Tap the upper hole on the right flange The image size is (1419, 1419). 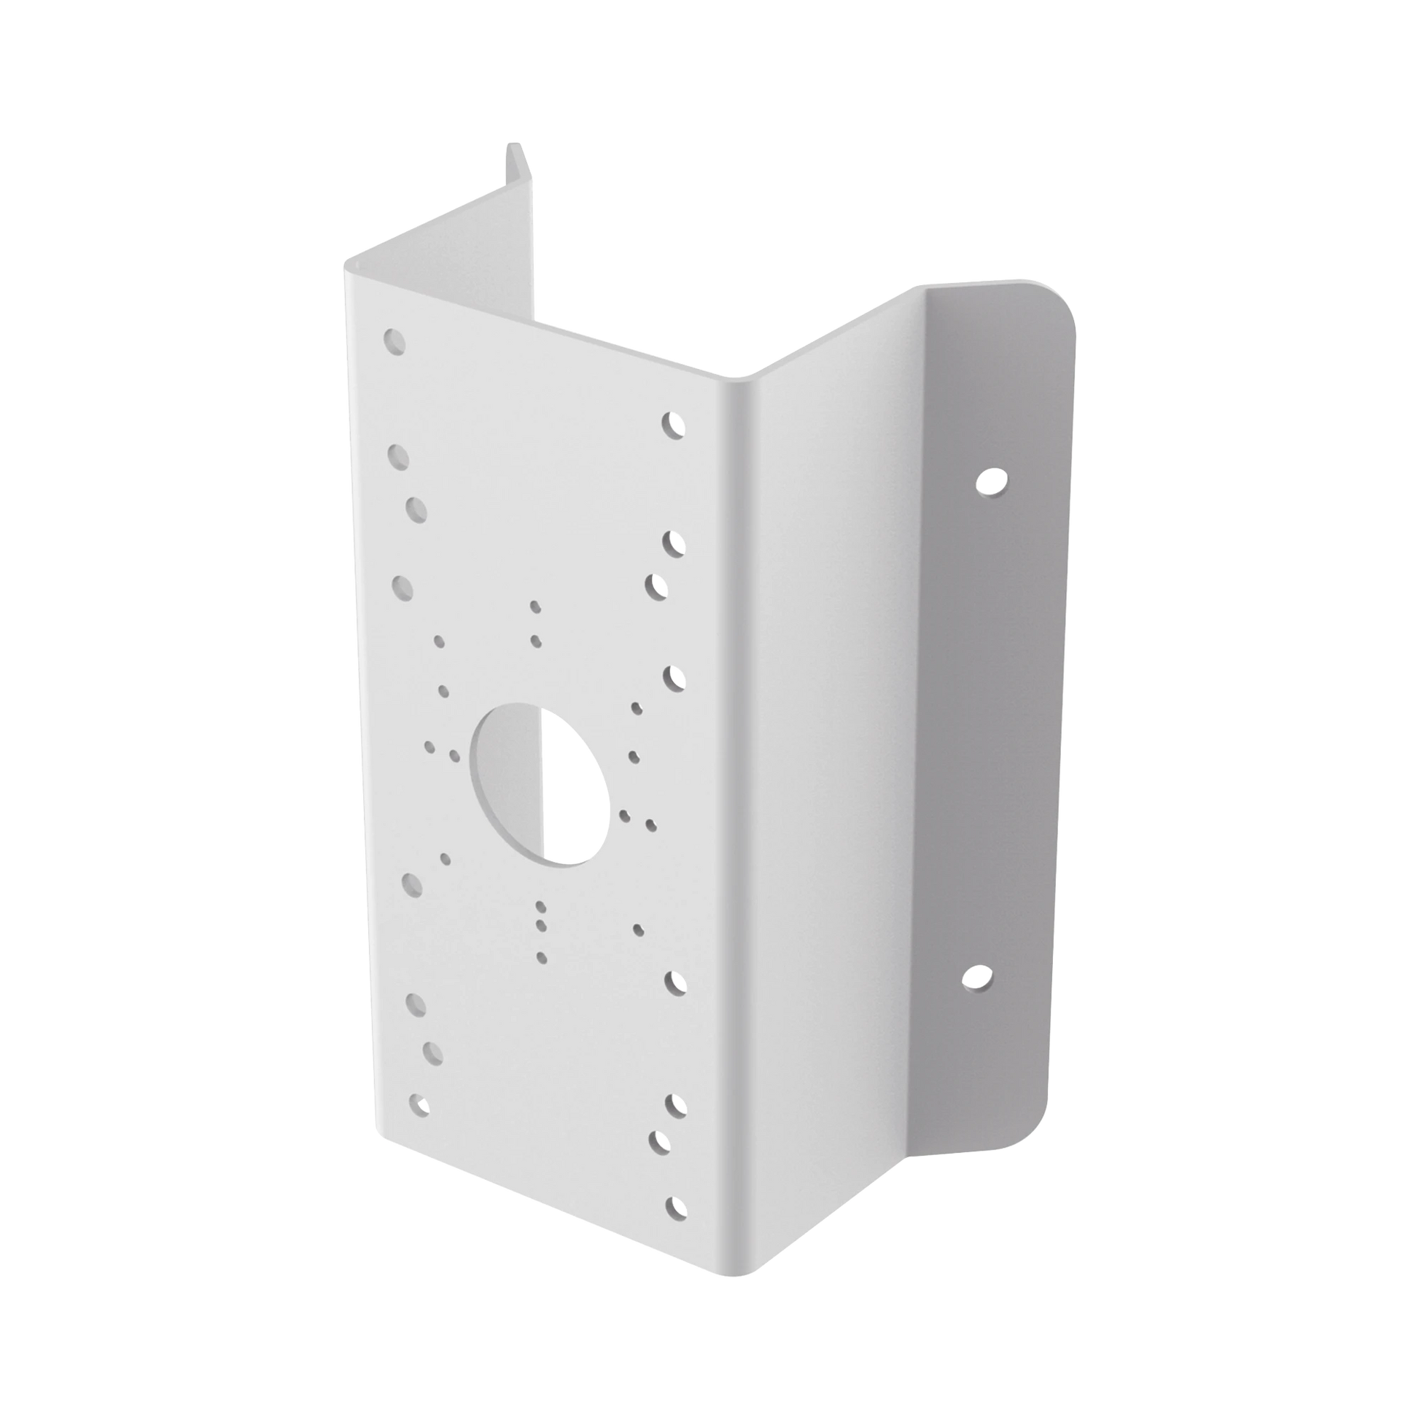(991, 481)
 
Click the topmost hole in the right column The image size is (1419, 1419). (672, 424)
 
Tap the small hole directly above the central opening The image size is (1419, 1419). (535, 641)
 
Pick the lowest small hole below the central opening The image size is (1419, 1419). (542, 955)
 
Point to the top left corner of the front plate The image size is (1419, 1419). (345, 268)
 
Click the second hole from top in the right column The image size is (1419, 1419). (674, 543)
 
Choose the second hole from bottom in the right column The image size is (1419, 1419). (665, 1160)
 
